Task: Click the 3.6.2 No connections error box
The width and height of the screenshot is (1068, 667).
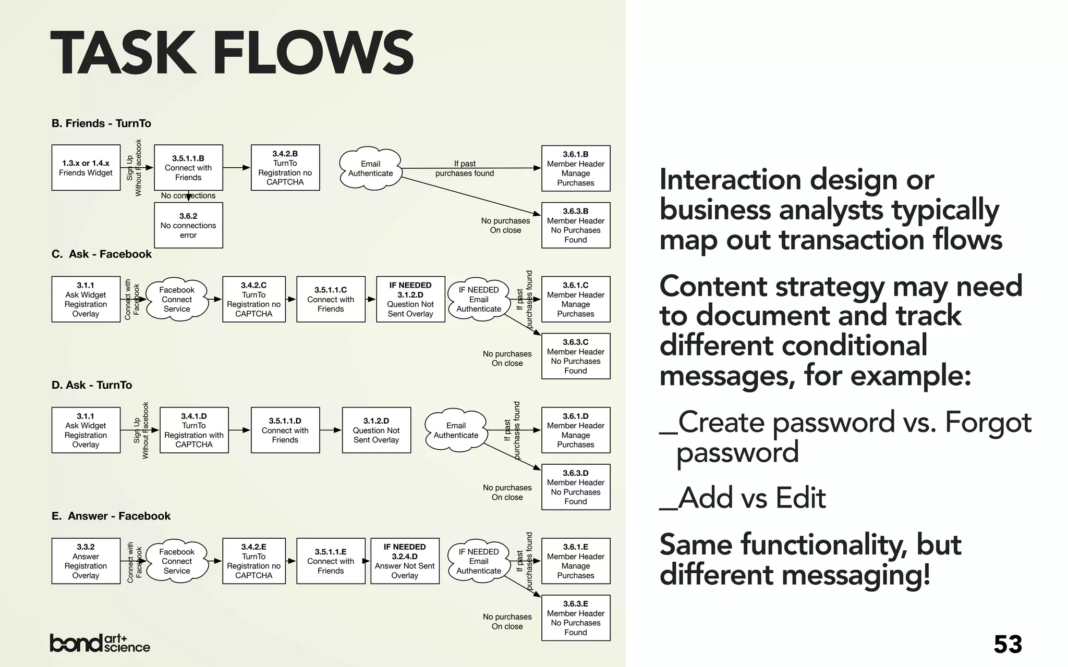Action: (188, 225)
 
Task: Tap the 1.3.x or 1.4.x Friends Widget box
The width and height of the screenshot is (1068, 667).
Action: (86, 168)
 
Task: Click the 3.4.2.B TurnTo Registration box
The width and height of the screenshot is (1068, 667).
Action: (285, 168)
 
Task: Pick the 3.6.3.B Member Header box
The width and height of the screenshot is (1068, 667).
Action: (576, 225)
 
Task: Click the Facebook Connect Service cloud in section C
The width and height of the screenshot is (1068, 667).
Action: (177, 300)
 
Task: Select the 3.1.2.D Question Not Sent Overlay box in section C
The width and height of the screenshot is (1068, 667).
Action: (410, 299)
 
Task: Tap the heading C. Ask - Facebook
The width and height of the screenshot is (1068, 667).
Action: (102, 254)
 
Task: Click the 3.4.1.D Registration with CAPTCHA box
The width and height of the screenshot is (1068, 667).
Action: (194, 430)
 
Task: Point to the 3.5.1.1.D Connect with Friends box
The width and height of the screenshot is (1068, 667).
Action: (285, 430)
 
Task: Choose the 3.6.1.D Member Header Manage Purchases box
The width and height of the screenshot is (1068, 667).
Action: (576, 430)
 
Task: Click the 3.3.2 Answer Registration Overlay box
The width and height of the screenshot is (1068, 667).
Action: (86, 561)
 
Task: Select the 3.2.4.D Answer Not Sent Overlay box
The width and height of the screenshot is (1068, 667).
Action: (405, 561)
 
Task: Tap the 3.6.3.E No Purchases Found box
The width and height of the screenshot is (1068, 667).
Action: (576, 617)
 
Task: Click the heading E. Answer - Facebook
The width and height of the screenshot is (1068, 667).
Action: (111, 516)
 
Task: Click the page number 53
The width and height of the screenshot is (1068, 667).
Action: (1008, 645)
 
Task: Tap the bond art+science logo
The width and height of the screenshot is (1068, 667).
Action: (100, 644)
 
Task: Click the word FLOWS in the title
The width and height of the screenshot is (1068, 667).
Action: (313, 53)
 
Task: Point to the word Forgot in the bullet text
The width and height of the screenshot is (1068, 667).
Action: (988, 422)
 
